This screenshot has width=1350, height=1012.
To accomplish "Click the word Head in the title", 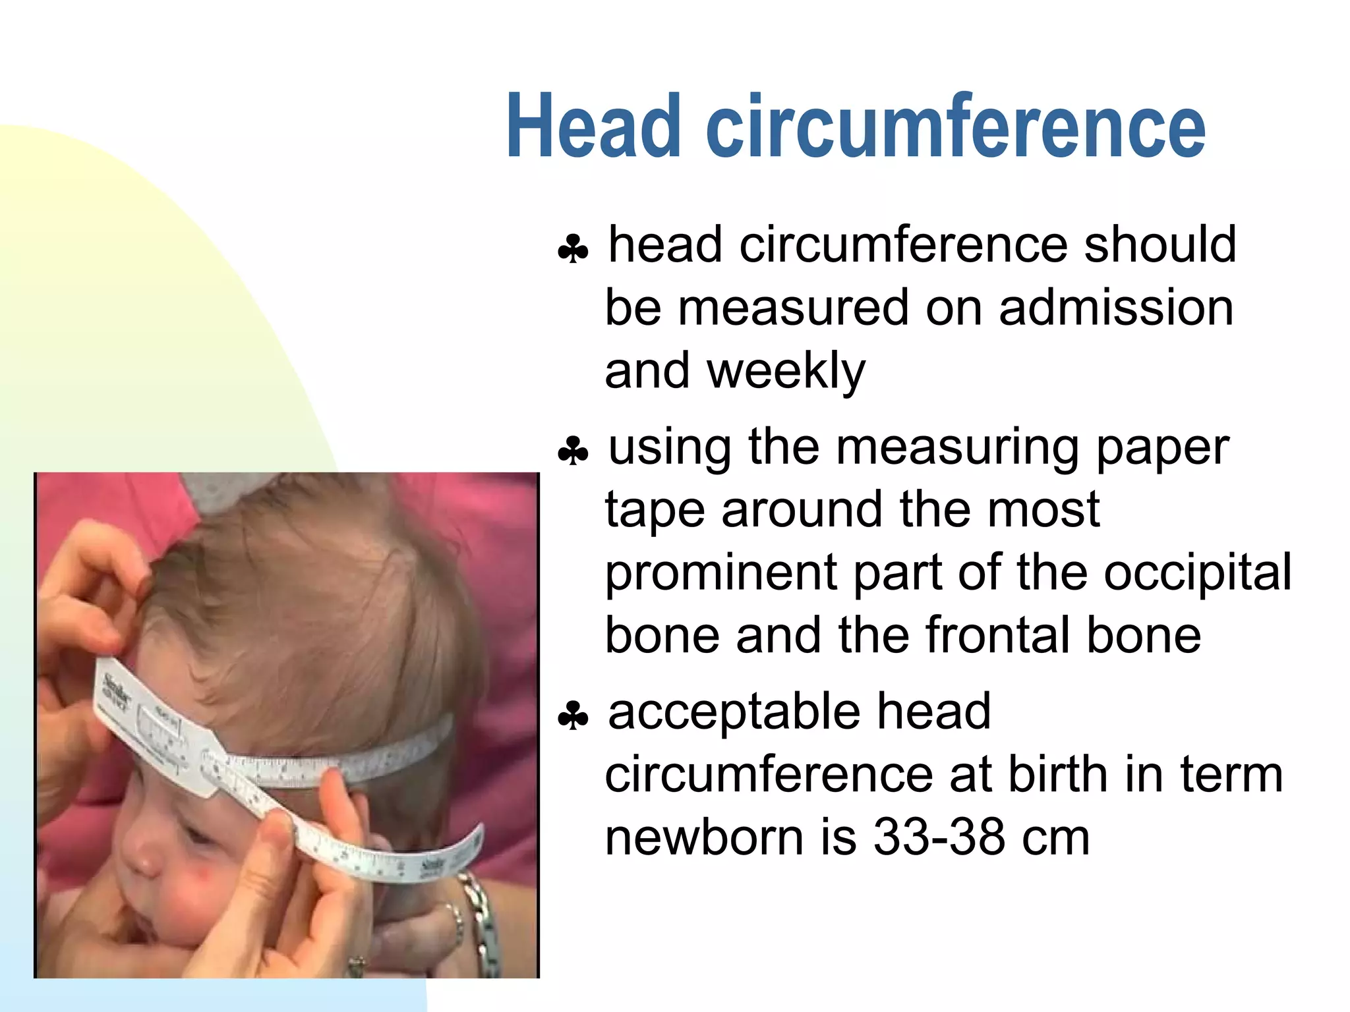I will point(593,126).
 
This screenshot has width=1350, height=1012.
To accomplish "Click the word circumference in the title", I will point(956,126).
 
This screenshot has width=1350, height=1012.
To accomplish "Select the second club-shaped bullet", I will point(572,452).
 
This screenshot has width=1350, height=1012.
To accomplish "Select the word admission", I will point(1115,308).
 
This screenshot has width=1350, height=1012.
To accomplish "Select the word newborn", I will point(704,838).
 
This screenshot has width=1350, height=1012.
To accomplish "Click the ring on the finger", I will point(357,965).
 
